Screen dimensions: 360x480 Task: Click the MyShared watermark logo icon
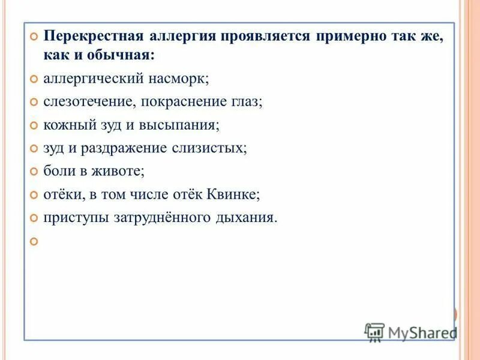pyautogui.click(x=374, y=332)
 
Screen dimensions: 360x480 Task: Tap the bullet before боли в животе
pyautogui.click(x=34, y=172)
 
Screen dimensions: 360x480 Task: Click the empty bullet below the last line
pyautogui.click(x=34, y=241)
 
